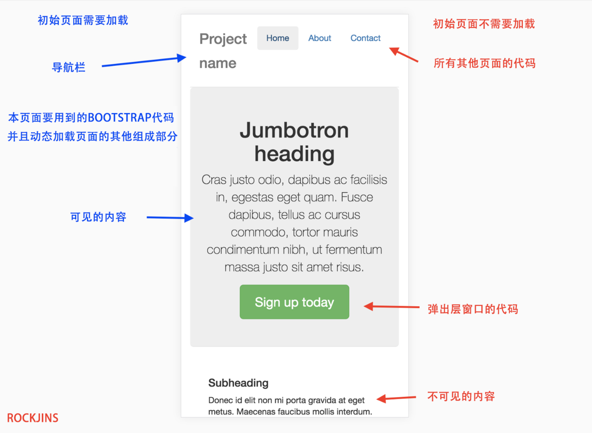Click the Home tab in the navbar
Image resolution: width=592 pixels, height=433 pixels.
tap(277, 38)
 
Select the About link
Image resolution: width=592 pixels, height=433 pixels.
tap(319, 38)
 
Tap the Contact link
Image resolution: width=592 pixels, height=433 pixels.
tap(365, 38)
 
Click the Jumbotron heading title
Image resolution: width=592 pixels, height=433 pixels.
tap(294, 142)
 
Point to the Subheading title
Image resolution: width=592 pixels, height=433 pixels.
tap(238, 383)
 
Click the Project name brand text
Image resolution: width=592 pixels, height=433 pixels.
tap(223, 51)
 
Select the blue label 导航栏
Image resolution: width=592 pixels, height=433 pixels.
tap(68, 68)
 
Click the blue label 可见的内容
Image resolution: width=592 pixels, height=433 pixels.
tap(98, 217)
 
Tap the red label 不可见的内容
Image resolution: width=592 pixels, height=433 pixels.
tap(461, 396)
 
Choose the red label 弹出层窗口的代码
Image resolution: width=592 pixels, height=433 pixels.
tap(473, 309)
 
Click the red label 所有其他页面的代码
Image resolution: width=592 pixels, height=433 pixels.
tap(484, 63)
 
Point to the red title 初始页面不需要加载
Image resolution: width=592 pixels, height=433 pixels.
tap(484, 24)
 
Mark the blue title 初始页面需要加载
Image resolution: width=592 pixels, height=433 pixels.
tap(83, 20)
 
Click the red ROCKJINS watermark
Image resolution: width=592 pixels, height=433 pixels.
tap(32, 418)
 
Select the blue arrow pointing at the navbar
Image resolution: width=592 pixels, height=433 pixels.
tap(143, 62)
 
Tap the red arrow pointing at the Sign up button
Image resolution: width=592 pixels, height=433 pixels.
tap(391, 307)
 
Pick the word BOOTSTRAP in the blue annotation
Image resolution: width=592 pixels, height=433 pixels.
tap(119, 117)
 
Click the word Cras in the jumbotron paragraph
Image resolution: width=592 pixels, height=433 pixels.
tap(213, 180)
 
